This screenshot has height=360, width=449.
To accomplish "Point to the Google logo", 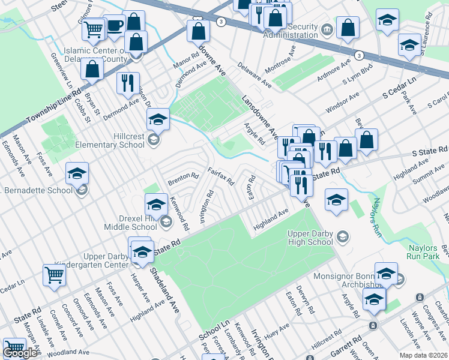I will [x=20, y=353].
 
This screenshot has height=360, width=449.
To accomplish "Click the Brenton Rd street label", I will [x=182, y=178].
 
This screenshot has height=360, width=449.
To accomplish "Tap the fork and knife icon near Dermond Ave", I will [x=127, y=83].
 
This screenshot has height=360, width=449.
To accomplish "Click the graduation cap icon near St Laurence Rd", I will [x=410, y=44].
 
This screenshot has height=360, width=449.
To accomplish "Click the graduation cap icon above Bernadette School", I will [x=77, y=173].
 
